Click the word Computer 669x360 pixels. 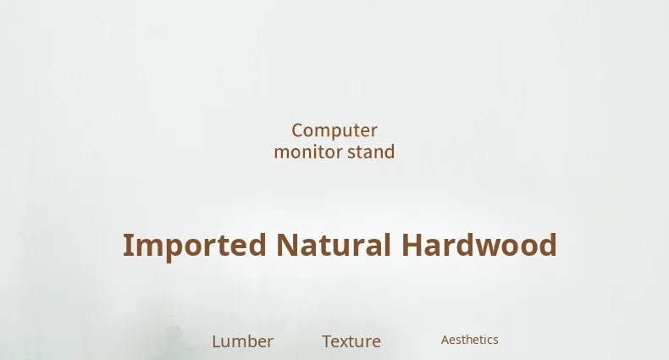pos(334,130)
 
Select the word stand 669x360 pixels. pos(371,152)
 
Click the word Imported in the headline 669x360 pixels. pos(195,246)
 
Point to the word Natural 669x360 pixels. pos(334,245)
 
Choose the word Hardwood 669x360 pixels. pos(479,245)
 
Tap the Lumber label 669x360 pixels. pos(243,341)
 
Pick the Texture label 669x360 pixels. pos(351,341)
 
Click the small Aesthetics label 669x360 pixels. pos(470,340)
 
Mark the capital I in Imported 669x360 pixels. pos(126,246)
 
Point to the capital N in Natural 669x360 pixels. pos(288,246)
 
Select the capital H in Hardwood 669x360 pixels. pos(412,246)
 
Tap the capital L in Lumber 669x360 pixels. pos(216,341)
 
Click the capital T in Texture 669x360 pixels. pos(327,341)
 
